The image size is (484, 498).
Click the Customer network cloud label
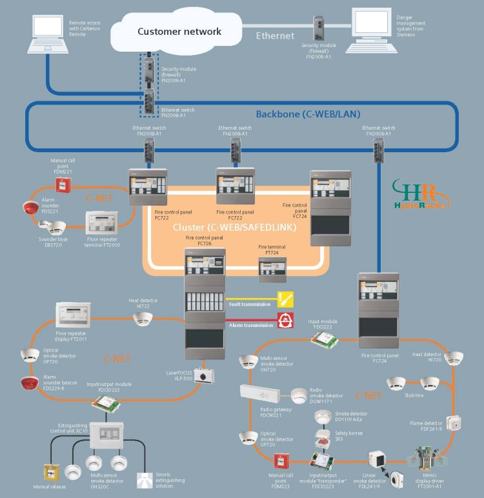pyautogui.click(x=179, y=31)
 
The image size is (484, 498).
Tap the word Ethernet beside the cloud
pyautogui.click(x=275, y=36)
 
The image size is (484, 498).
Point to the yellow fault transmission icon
pyautogui.click(x=285, y=299)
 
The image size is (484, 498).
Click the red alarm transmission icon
pyautogui.click(x=285, y=320)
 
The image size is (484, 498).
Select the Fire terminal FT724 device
pyautogui.click(x=272, y=268)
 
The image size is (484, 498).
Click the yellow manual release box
pyautogui.click(x=52, y=473)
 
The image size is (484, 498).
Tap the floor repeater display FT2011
pyautogui.click(x=76, y=316)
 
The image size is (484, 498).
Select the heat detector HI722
pyautogui.click(x=142, y=319)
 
